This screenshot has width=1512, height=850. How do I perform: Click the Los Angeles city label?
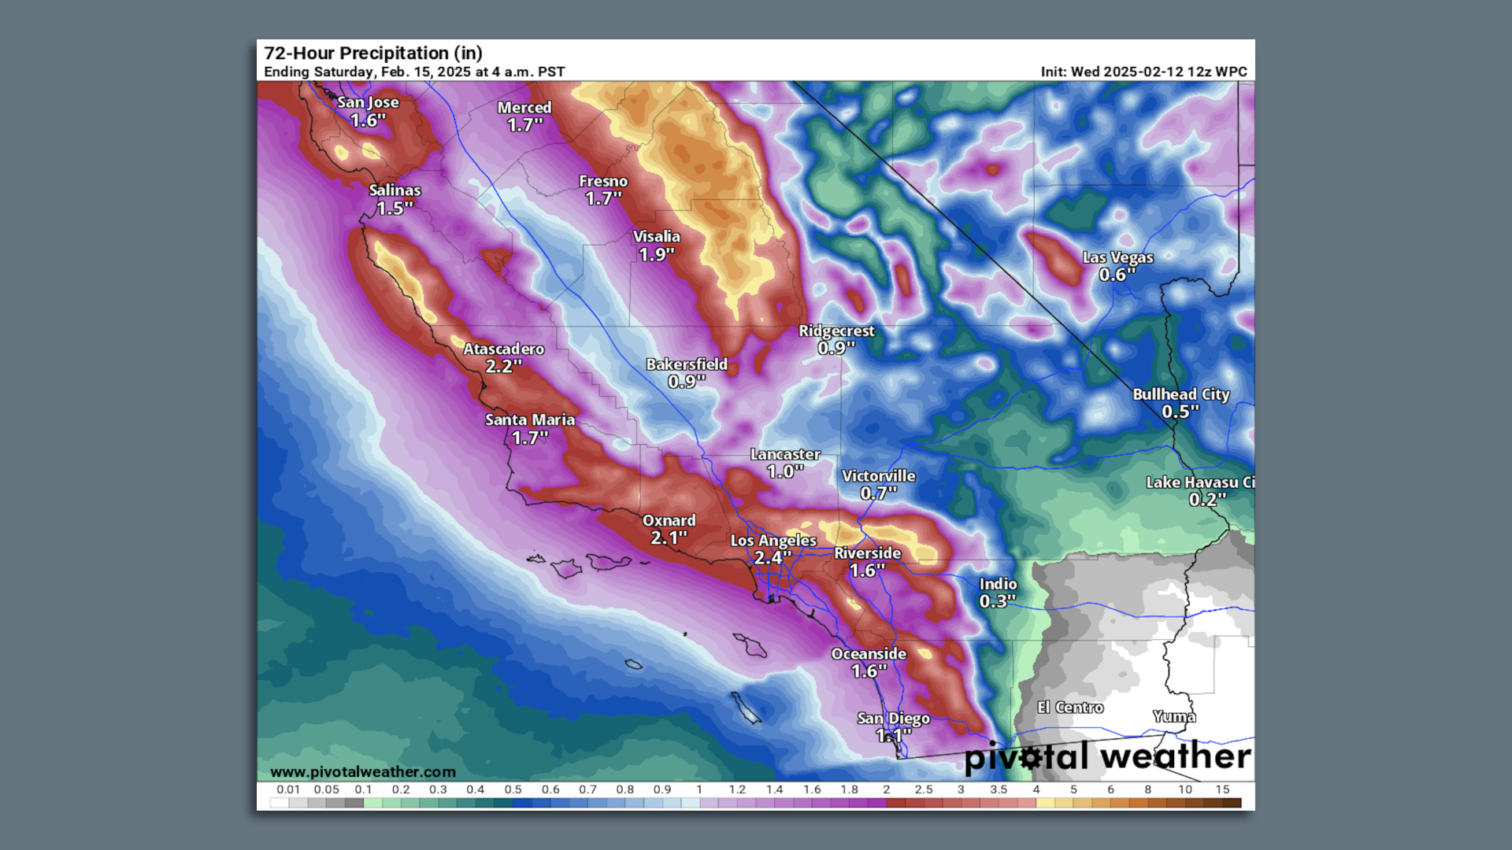tap(773, 541)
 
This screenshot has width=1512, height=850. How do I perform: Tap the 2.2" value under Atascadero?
tap(503, 366)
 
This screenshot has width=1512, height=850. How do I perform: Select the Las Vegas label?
tap(1117, 257)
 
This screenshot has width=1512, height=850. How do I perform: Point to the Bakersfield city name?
tap(687, 364)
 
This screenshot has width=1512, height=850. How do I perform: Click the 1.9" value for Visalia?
tap(656, 254)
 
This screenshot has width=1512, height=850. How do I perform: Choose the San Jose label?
tap(368, 102)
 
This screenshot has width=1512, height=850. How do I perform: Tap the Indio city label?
tap(998, 584)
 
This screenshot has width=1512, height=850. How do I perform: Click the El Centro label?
tap(1070, 708)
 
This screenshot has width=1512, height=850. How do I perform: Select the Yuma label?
tap(1174, 716)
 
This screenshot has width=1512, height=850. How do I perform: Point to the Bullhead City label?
tap(1180, 394)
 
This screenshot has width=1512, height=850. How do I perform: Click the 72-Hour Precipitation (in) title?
tap(373, 53)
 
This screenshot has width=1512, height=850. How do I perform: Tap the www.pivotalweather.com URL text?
tap(363, 772)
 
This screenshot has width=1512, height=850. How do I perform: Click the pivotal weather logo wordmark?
tap(1107, 756)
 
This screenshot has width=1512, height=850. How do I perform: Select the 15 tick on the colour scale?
tap(1222, 789)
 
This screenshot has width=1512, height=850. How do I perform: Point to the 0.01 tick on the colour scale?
tap(288, 789)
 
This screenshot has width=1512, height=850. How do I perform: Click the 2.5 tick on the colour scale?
tap(924, 789)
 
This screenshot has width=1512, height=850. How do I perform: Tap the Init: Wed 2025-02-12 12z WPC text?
tap(1143, 72)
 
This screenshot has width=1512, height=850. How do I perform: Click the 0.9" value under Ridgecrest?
tap(836, 348)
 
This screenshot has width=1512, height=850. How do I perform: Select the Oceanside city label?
tap(869, 654)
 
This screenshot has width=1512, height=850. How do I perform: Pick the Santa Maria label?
tap(530, 420)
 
